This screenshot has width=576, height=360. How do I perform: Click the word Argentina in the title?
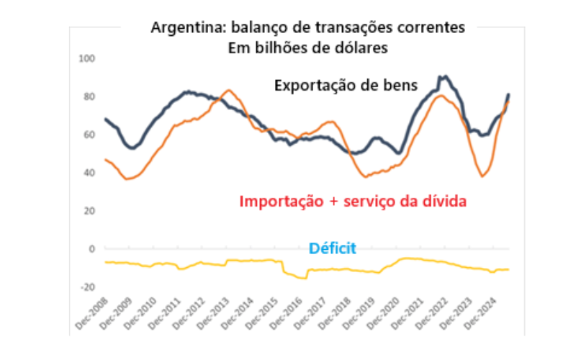182,28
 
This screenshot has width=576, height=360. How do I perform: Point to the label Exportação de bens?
346,85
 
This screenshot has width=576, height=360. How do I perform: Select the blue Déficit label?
333,249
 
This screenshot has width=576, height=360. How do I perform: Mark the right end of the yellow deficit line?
509,269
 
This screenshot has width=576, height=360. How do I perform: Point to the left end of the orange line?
106,160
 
